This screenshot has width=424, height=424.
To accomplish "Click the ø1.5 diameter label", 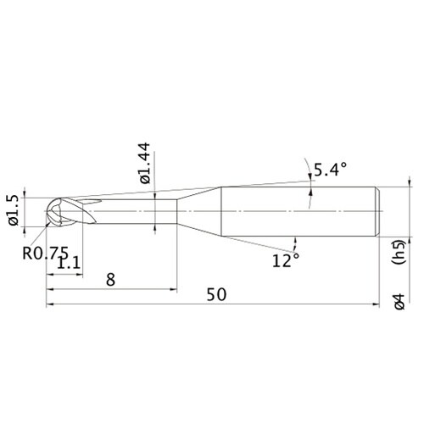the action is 14,210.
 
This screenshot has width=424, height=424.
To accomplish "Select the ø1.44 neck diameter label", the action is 146,163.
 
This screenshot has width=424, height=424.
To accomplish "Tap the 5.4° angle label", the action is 330,170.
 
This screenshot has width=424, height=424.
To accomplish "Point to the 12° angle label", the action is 286,260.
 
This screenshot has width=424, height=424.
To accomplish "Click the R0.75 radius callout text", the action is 46,253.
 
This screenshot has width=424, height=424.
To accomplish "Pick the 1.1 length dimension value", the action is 69,264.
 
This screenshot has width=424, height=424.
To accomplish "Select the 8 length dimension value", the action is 110,280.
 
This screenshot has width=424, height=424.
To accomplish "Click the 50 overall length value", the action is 216,294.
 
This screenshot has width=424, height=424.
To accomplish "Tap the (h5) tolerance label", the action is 399,252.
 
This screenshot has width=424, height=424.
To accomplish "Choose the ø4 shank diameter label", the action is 399,302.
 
